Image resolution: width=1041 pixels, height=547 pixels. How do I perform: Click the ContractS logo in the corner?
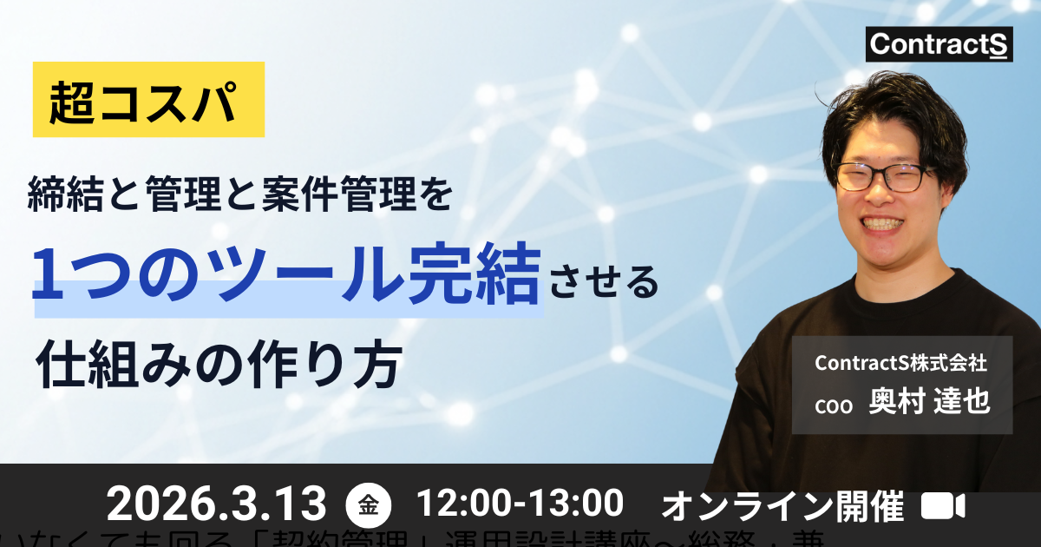click(x=939, y=43)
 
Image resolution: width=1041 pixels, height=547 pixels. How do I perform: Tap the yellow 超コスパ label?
click(x=148, y=99)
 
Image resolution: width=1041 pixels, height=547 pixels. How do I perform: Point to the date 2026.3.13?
click(x=217, y=504)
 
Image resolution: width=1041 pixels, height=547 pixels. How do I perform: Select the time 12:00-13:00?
click(x=520, y=503)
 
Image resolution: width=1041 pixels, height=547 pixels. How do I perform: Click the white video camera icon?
click(x=943, y=505)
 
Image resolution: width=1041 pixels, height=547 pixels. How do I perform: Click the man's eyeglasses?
click(x=881, y=177)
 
